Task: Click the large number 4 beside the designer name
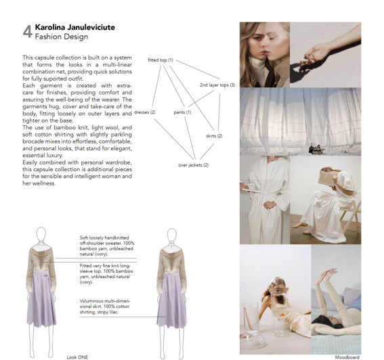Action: coord(28,31)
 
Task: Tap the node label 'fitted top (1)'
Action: coord(161,60)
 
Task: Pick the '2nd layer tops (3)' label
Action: coord(217,85)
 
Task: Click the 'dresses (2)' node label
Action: coord(145,112)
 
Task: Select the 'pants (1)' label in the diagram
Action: coord(182,112)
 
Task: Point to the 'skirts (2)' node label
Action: coord(214,136)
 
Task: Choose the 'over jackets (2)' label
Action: coord(193,165)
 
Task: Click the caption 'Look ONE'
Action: coord(77,357)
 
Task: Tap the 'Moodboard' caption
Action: coord(346,357)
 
